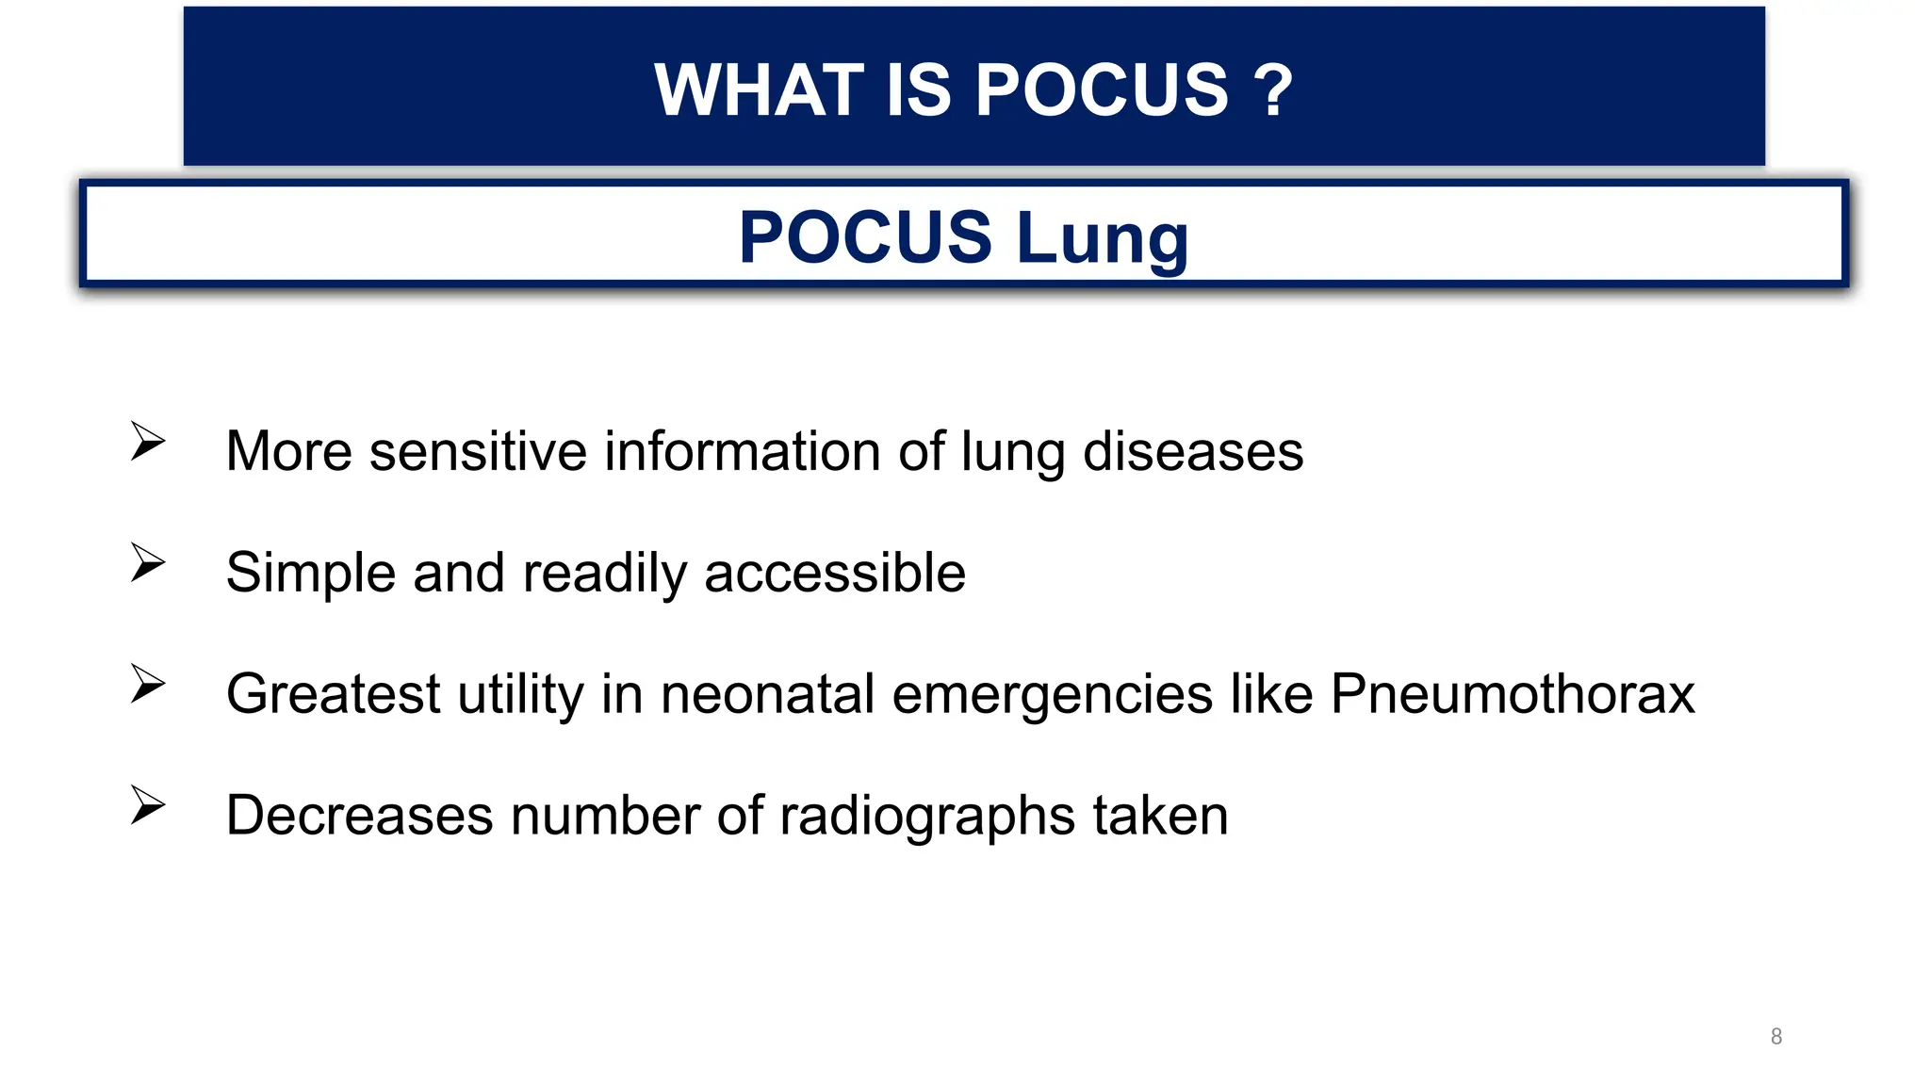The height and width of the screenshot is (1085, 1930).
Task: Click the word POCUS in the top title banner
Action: click(1101, 90)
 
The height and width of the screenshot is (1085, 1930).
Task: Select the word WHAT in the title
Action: click(759, 90)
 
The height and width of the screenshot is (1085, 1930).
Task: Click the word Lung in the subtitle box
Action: click(1103, 237)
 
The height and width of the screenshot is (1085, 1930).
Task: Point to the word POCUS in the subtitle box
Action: click(865, 237)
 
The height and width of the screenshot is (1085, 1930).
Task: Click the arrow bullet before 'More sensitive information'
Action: click(148, 441)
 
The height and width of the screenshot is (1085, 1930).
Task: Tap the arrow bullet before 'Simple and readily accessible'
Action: click(148, 562)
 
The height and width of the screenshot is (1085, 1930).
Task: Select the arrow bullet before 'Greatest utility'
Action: click(148, 684)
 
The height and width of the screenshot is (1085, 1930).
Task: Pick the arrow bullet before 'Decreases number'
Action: click(148, 805)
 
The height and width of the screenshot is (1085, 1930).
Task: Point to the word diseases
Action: click(1192, 451)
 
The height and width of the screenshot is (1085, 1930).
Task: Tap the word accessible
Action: click(834, 573)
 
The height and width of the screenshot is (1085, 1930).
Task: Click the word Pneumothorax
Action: click(1513, 694)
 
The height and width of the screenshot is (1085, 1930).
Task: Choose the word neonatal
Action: click(768, 694)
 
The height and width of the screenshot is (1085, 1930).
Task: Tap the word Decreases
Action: click(359, 816)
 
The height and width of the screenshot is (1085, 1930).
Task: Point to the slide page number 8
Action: click(1776, 1037)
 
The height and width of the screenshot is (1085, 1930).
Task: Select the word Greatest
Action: click(333, 694)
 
